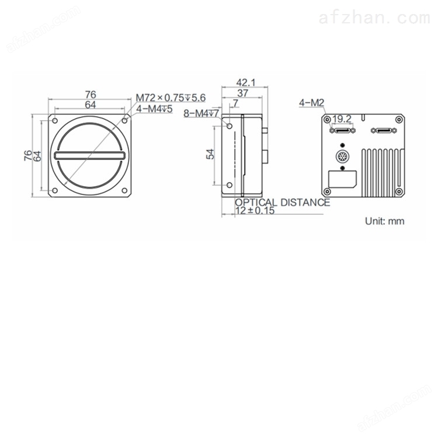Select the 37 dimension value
point(242,93)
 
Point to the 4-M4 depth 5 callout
point(154,109)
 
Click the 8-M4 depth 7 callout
point(201,113)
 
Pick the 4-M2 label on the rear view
point(311,103)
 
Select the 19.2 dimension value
point(342,119)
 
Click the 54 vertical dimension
point(210,154)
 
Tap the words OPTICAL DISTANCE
point(283,202)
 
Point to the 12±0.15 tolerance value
point(255,211)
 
